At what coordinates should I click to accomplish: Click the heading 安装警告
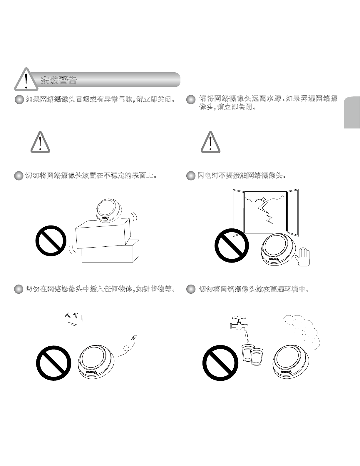59,80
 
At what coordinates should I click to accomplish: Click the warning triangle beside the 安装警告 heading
26,80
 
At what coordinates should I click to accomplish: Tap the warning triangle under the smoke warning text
40,143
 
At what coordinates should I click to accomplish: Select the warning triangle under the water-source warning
210,143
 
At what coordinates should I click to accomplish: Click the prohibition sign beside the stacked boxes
51,240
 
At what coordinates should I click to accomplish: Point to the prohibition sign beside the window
232,245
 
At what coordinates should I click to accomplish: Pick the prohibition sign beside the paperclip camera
54,363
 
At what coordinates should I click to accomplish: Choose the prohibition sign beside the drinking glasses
220,363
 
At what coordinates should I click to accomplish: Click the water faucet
240,323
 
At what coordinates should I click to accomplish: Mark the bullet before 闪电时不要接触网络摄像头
191,176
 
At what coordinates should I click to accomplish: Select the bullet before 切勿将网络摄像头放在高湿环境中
191,289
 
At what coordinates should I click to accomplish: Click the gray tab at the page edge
352,113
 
